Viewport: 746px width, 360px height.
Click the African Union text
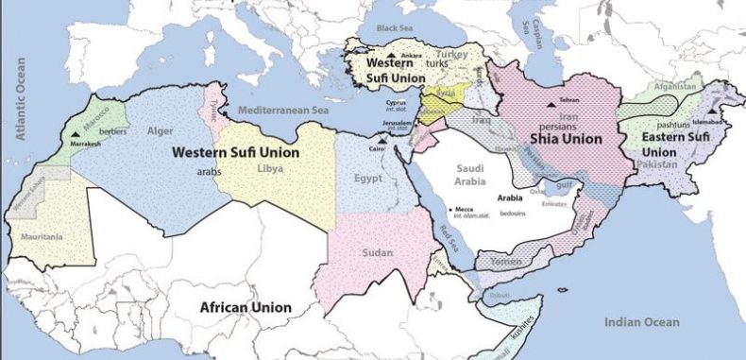coord(245,307)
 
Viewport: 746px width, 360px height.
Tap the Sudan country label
coord(376,252)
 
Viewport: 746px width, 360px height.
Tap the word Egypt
coord(368,177)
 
